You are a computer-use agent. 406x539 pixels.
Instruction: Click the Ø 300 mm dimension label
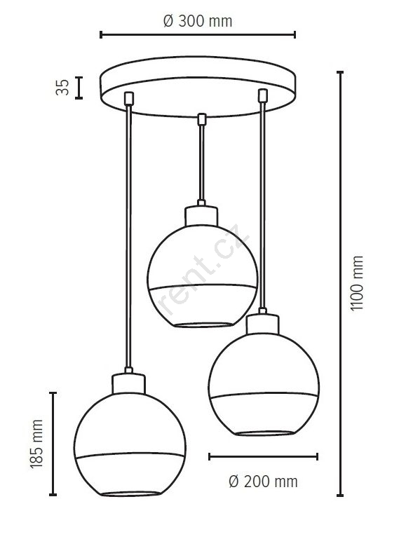pyautogui.click(x=198, y=21)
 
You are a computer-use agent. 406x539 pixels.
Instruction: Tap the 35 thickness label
pyautogui.click(x=62, y=88)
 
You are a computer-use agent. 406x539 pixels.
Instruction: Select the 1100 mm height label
pyautogui.click(x=356, y=283)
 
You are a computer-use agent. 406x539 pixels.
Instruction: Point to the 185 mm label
pyautogui.click(x=36, y=444)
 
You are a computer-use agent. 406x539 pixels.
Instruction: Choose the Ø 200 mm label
pyautogui.click(x=263, y=482)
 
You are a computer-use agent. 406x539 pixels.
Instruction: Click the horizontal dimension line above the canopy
pyautogui.click(x=198, y=35)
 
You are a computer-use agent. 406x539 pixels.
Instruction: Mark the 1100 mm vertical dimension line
pyautogui.click(x=340, y=284)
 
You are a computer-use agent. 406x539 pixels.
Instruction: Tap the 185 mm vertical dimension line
pyautogui.click(x=53, y=444)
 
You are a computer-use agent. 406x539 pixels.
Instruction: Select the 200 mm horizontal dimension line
pyautogui.click(x=264, y=456)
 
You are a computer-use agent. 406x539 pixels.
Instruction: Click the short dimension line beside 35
pyautogui.click(x=79, y=88)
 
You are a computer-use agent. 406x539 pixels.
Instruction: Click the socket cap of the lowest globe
pyautogui.click(x=129, y=383)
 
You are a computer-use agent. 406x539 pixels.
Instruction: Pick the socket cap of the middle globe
pyautogui.click(x=201, y=216)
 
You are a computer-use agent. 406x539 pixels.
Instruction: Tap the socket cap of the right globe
pyautogui.click(x=263, y=324)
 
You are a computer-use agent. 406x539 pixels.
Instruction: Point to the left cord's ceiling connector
pyautogui.click(x=129, y=98)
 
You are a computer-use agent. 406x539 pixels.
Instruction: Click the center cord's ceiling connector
pyautogui.click(x=202, y=119)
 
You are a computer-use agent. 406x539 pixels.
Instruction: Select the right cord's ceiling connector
pyautogui.click(x=263, y=95)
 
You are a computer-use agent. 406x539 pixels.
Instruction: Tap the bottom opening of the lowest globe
pyautogui.click(x=130, y=493)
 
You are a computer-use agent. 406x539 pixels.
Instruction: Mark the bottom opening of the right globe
pyautogui.click(x=265, y=433)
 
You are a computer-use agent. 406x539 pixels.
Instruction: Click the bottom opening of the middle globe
pyautogui.click(x=203, y=325)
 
